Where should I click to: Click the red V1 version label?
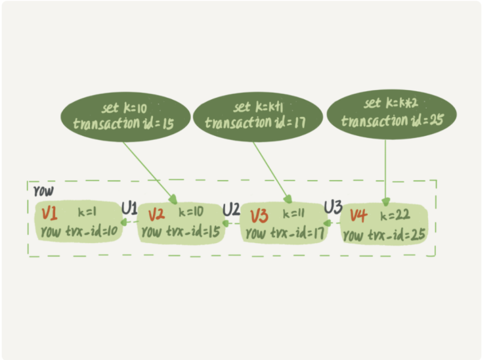[x=49, y=214]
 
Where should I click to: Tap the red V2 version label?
[x=156, y=214]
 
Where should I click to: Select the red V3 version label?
[x=259, y=215]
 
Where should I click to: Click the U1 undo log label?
[x=129, y=209]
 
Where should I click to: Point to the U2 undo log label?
[x=231, y=210]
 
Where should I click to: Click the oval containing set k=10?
[x=125, y=116]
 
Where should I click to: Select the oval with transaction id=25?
[x=390, y=113]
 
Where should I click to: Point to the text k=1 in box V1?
[x=87, y=213]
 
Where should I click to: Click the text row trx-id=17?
[x=283, y=233]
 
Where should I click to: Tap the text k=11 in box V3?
[x=295, y=214]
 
